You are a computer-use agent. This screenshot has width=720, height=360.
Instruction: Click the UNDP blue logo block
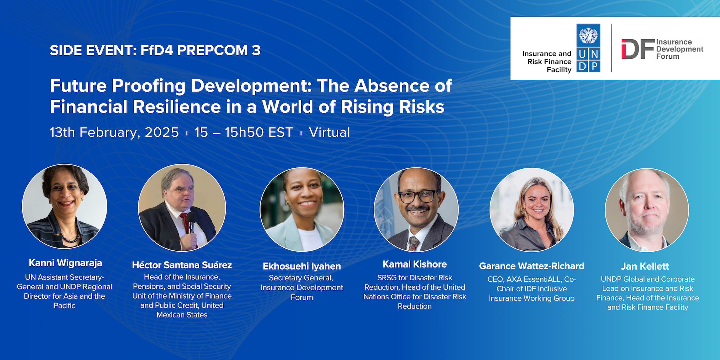pyautogui.click(x=588, y=48)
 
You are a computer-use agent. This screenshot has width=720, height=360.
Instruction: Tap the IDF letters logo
pyautogui.click(x=638, y=49)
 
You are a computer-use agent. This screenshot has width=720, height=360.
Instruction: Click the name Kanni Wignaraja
pyautogui.click(x=66, y=263)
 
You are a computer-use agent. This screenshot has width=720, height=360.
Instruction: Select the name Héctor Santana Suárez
pyautogui.click(x=182, y=265)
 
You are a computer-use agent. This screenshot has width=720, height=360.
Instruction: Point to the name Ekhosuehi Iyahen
pyautogui.click(x=302, y=266)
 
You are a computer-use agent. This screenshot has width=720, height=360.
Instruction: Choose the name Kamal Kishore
pyautogui.click(x=415, y=264)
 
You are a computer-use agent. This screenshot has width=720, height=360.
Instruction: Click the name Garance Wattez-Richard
pyautogui.click(x=531, y=266)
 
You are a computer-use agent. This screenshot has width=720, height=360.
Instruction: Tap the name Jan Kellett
pyautogui.click(x=645, y=266)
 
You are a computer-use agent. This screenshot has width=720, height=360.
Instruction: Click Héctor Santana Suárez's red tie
pyautogui.click(x=186, y=222)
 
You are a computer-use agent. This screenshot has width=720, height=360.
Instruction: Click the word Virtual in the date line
pyautogui.click(x=330, y=133)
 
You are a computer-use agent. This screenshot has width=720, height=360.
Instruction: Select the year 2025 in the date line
pyautogui.click(x=162, y=133)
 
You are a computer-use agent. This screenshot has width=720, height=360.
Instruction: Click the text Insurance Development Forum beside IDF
pyautogui.click(x=680, y=49)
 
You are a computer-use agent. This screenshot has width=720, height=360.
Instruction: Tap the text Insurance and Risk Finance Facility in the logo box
pyautogui.click(x=547, y=62)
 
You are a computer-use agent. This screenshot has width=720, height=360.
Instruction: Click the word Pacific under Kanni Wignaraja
pyautogui.click(x=64, y=306)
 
